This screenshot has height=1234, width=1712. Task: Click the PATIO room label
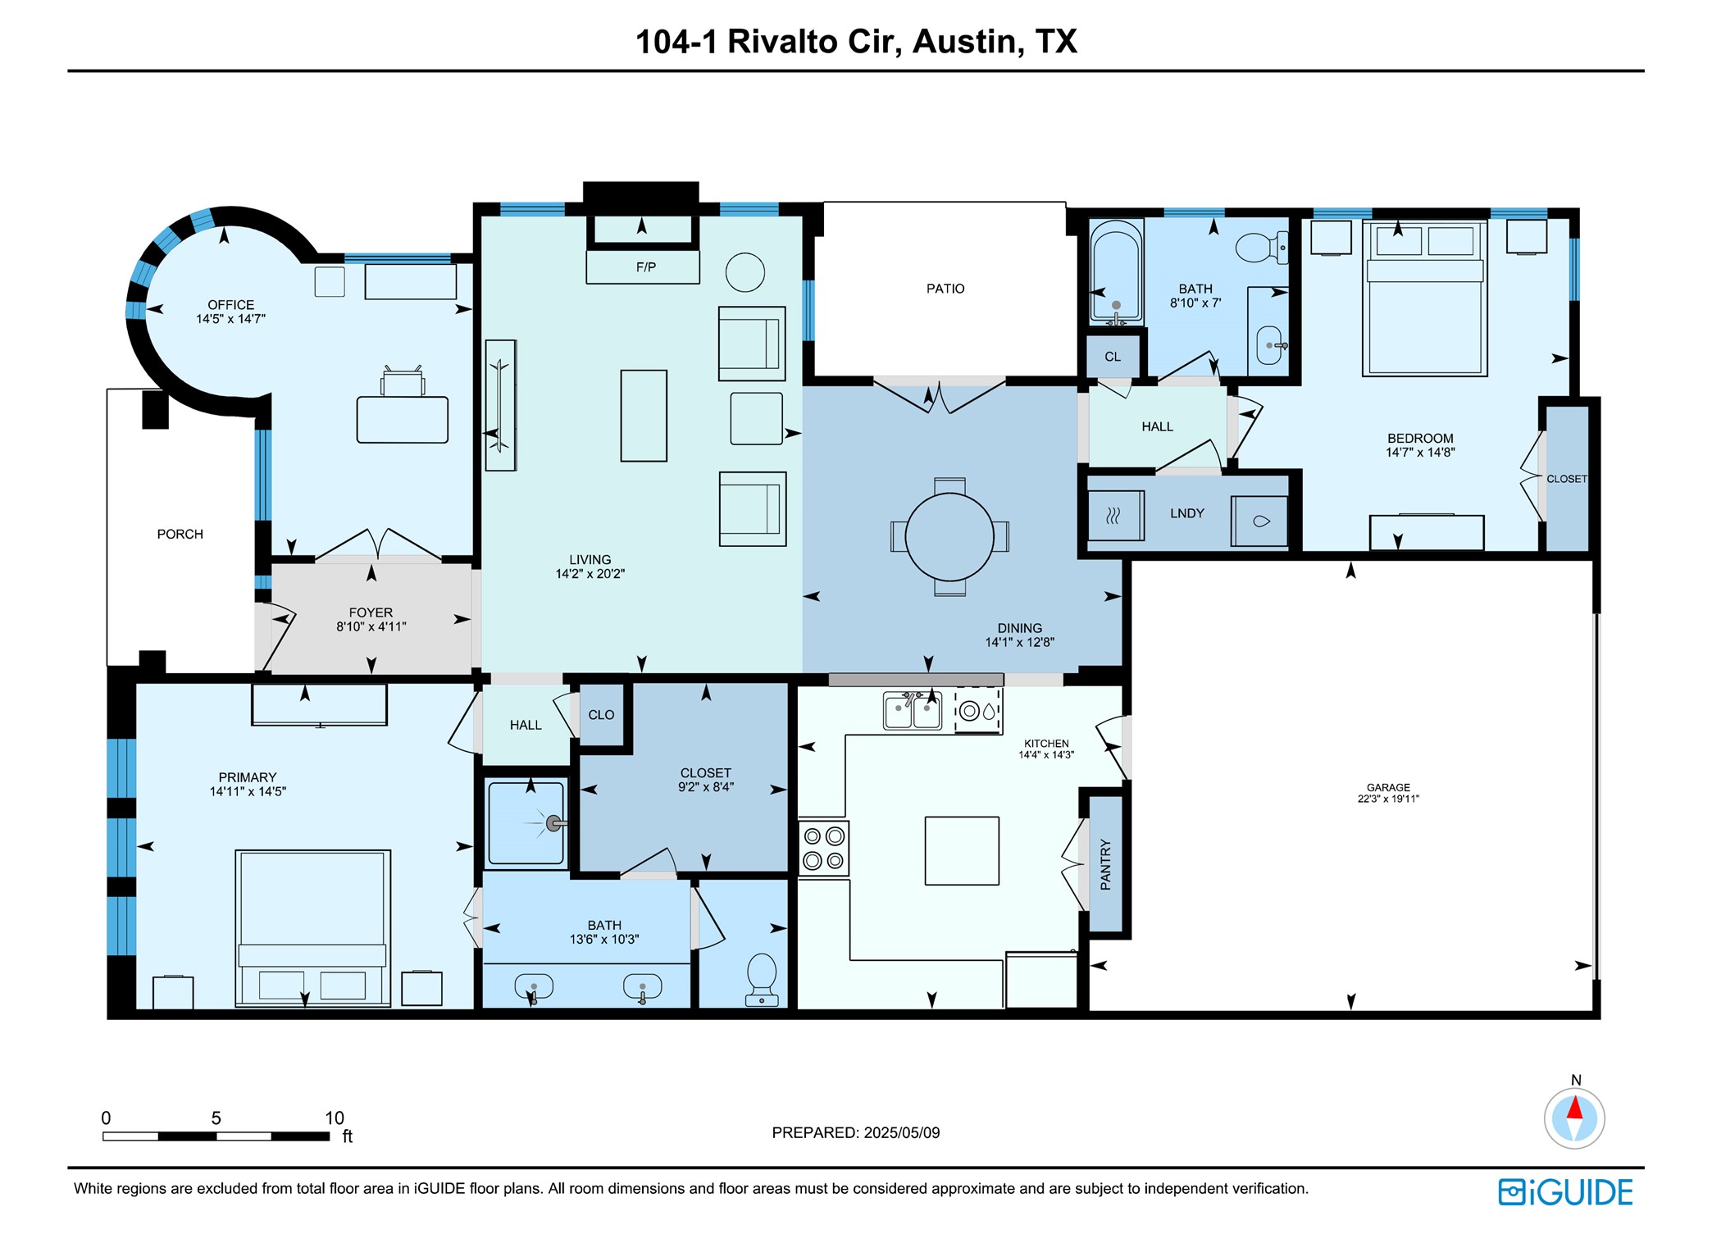click(x=945, y=289)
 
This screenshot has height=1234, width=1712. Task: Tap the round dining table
click(x=949, y=537)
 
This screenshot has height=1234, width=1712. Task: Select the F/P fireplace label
click(x=645, y=267)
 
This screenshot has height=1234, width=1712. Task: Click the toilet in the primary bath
click(x=762, y=977)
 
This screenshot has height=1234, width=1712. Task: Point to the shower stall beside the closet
click(x=526, y=823)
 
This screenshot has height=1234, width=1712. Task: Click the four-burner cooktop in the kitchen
click(x=823, y=849)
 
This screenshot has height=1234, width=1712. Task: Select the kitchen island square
click(x=962, y=850)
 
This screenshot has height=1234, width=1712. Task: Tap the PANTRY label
click(x=1105, y=864)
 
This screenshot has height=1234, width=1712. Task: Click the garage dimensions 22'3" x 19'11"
click(x=1387, y=799)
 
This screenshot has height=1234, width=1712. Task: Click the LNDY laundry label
click(x=1186, y=513)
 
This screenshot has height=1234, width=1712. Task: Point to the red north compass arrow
click(x=1574, y=1109)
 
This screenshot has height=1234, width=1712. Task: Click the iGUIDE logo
click(x=1565, y=1192)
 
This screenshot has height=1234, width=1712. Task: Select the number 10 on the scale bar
click(x=334, y=1118)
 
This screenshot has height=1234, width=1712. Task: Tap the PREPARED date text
click(x=855, y=1132)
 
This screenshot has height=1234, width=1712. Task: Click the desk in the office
click(x=402, y=420)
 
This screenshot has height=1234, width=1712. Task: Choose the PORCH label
click(x=180, y=535)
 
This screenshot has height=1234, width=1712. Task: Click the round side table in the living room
click(x=744, y=272)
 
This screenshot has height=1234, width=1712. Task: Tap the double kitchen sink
click(x=912, y=710)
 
